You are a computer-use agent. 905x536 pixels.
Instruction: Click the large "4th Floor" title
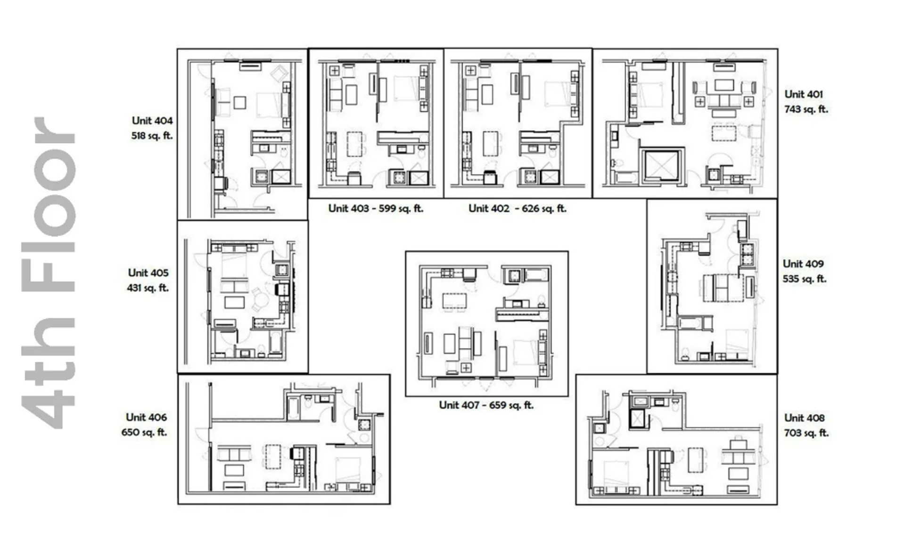(x=48, y=273)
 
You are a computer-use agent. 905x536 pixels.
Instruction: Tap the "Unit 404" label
(x=152, y=121)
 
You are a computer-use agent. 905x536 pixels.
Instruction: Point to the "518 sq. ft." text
(x=152, y=136)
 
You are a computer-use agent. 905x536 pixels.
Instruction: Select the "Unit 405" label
(x=148, y=273)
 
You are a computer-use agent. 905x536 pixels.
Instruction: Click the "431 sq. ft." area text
(x=148, y=288)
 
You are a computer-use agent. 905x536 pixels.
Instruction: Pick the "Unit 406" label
(x=146, y=417)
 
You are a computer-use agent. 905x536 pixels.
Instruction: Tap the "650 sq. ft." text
(x=144, y=432)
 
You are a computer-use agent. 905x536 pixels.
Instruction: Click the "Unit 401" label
(x=804, y=94)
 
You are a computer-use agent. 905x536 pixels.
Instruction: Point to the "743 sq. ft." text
(x=806, y=109)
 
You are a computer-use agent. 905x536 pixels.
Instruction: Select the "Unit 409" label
(x=803, y=264)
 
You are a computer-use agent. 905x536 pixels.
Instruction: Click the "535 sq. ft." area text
(x=805, y=279)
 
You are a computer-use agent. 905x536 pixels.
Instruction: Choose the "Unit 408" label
(x=804, y=418)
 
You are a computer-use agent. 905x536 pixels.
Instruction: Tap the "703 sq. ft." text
(x=806, y=433)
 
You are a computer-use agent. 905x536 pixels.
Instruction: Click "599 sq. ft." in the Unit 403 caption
(x=401, y=208)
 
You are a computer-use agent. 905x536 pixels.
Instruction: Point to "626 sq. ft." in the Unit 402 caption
(x=544, y=208)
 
